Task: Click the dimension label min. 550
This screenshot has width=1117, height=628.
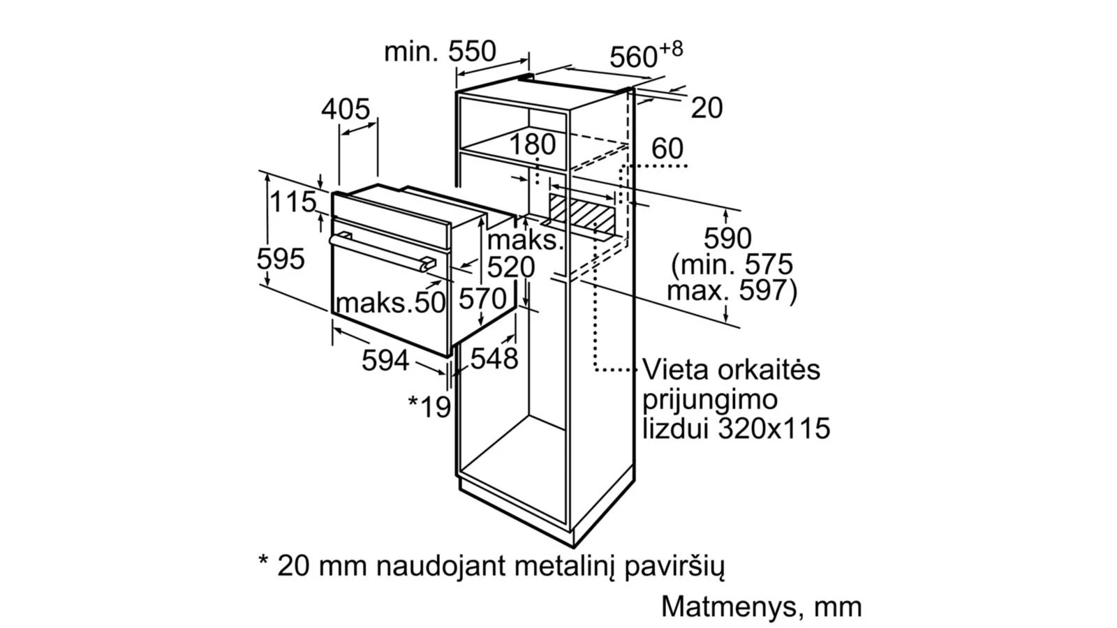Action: (x=440, y=52)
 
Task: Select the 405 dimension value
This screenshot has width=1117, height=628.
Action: (x=346, y=109)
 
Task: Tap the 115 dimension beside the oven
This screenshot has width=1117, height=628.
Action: (x=293, y=202)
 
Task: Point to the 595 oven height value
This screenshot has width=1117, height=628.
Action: (x=280, y=259)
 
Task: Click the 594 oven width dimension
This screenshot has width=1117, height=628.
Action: (x=385, y=360)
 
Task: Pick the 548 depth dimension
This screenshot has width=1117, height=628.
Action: (x=494, y=358)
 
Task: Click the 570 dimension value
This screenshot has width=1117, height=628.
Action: (x=482, y=299)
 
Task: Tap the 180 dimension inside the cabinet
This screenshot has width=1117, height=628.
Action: (x=533, y=144)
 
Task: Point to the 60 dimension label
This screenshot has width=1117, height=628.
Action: (x=667, y=149)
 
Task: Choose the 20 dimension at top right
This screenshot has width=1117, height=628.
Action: (x=707, y=107)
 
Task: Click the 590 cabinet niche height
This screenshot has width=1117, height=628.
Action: (x=727, y=238)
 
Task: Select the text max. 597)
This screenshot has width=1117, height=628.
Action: (x=732, y=290)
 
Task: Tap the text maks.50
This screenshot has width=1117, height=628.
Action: (x=390, y=303)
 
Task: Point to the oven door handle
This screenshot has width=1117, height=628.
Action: (x=382, y=252)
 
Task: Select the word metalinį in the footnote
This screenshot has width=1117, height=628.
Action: (x=565, y=566)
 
